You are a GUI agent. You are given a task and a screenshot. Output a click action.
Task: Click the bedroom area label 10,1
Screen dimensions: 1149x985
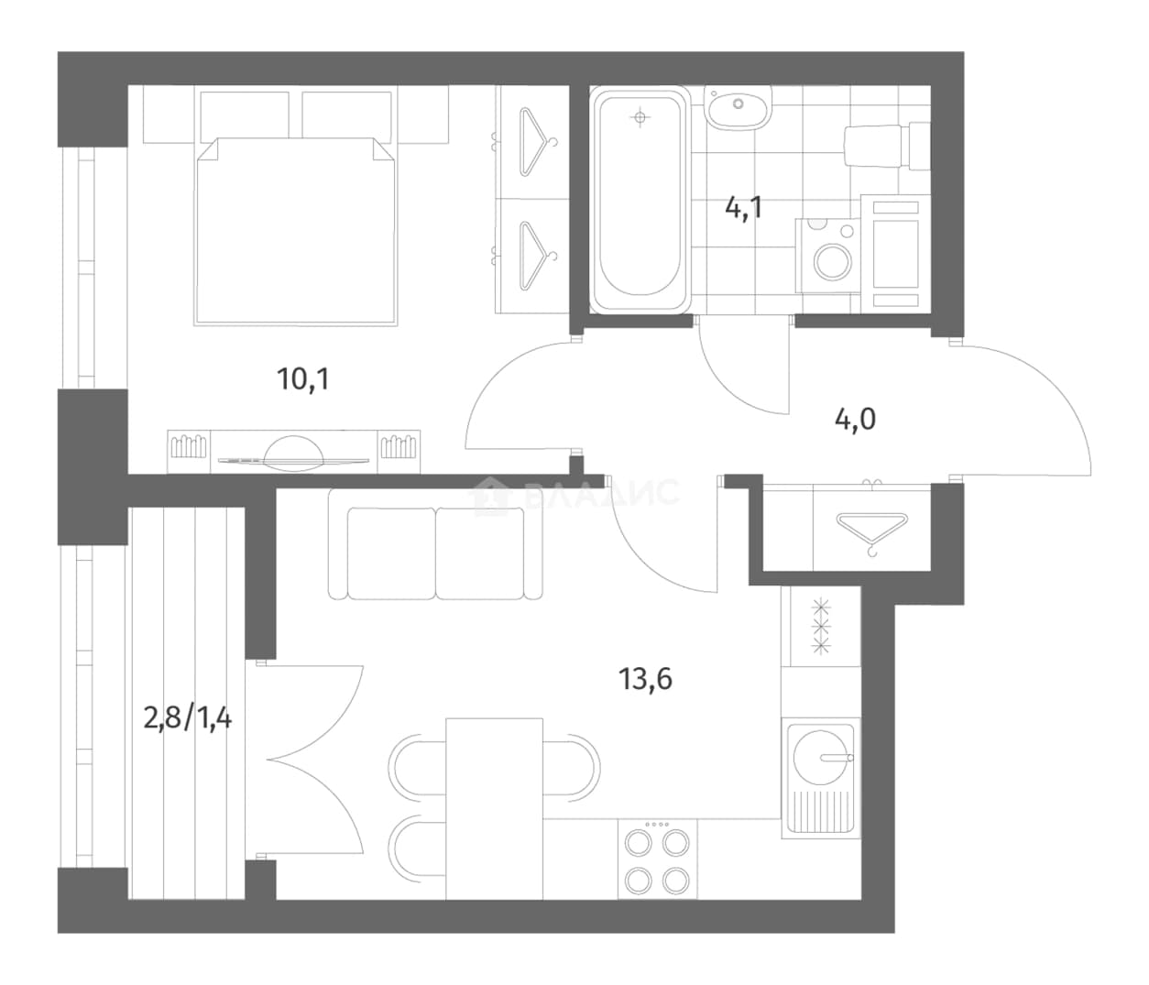303,379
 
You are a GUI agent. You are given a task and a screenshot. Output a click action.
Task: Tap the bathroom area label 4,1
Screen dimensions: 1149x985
744,208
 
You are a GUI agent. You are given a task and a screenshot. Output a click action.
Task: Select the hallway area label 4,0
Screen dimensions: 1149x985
855,419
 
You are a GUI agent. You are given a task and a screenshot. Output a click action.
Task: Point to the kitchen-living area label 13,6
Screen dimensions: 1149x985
645,679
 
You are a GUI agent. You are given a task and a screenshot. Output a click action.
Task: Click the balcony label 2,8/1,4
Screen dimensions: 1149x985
187,718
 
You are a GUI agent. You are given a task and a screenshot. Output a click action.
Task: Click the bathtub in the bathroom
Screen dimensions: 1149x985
640,200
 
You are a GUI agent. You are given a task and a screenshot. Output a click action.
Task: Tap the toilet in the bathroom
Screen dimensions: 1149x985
887,146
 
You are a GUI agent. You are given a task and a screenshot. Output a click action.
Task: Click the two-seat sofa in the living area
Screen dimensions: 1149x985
435,545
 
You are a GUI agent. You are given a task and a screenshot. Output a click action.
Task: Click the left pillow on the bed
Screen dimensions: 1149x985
245,115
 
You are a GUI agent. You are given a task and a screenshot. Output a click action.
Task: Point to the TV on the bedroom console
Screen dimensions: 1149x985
293,453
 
